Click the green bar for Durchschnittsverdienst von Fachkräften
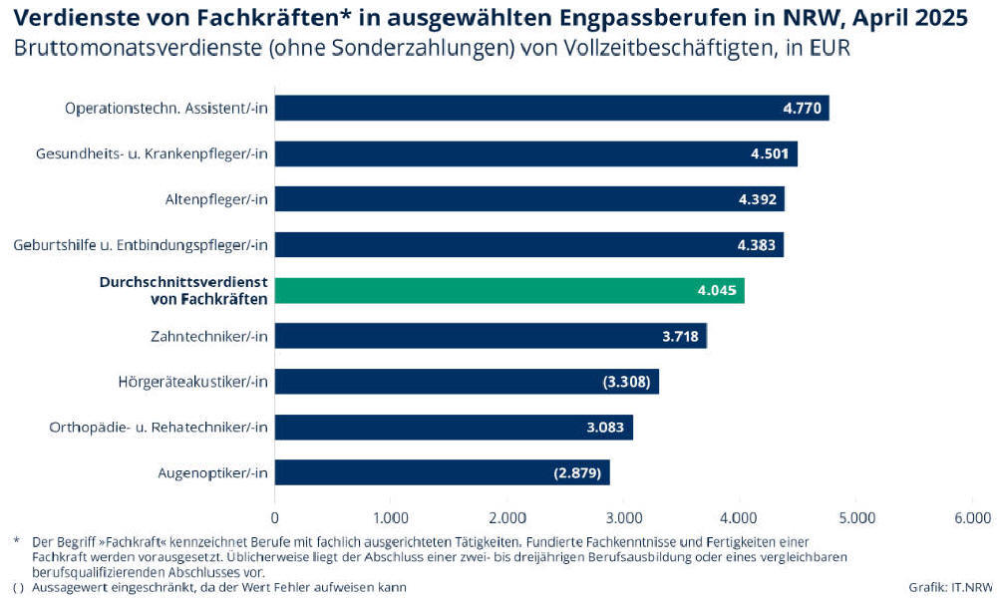508,290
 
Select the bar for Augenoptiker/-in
442,472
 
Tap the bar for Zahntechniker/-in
491,336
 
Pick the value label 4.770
802,108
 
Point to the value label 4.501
770,153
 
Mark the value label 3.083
605,428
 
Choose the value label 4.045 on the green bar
718,291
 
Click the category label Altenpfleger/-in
216,199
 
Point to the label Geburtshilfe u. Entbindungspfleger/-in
142,245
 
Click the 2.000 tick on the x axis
507,517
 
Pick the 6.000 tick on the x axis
972,517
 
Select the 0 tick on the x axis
275,517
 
